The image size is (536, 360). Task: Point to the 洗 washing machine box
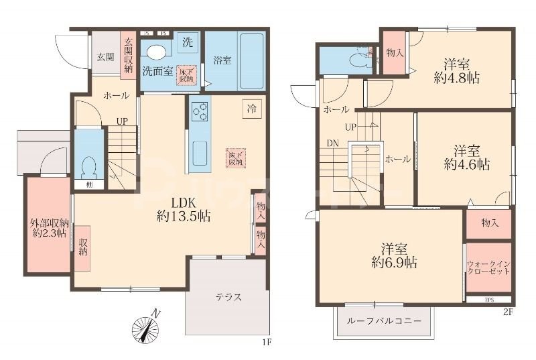pyautogui.click(x=188, y=42)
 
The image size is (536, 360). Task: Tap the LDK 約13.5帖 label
pyautogui.click(x=183, y=210)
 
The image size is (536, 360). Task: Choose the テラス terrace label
pyautogui.click(x=228, y=297)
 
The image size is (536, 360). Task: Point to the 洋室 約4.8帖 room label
pyautogui.click(x=456, y=71)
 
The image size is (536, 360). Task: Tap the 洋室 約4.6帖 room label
pyautogui.click(x=466, y=157)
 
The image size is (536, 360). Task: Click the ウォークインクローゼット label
pyautogui.click(x=488, y=269)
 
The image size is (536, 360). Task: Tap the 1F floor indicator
pyautogui.click(x=267, y=343)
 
